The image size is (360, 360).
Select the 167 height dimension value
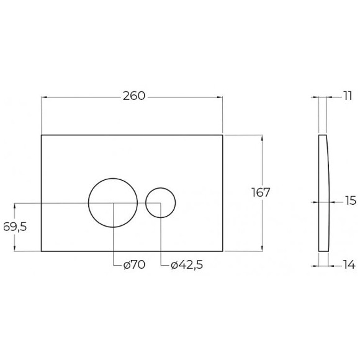(261, 192)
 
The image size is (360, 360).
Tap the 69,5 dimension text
(14, 227)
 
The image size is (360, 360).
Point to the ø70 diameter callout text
(133, 265)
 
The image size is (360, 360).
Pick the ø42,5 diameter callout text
(186, 265)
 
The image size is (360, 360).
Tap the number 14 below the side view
(348, 265)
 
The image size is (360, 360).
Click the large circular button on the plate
(113, 202)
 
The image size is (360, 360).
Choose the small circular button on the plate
(161, 202)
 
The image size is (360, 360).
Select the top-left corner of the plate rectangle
(41, 134)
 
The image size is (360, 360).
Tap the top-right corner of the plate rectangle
(223, 134)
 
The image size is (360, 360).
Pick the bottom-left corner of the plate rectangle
(41, 251)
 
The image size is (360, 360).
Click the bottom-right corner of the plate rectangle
(223, 251)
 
